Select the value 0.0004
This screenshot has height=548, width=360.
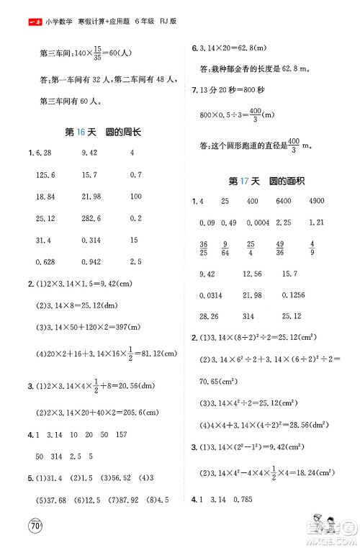tap(262, 222)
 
